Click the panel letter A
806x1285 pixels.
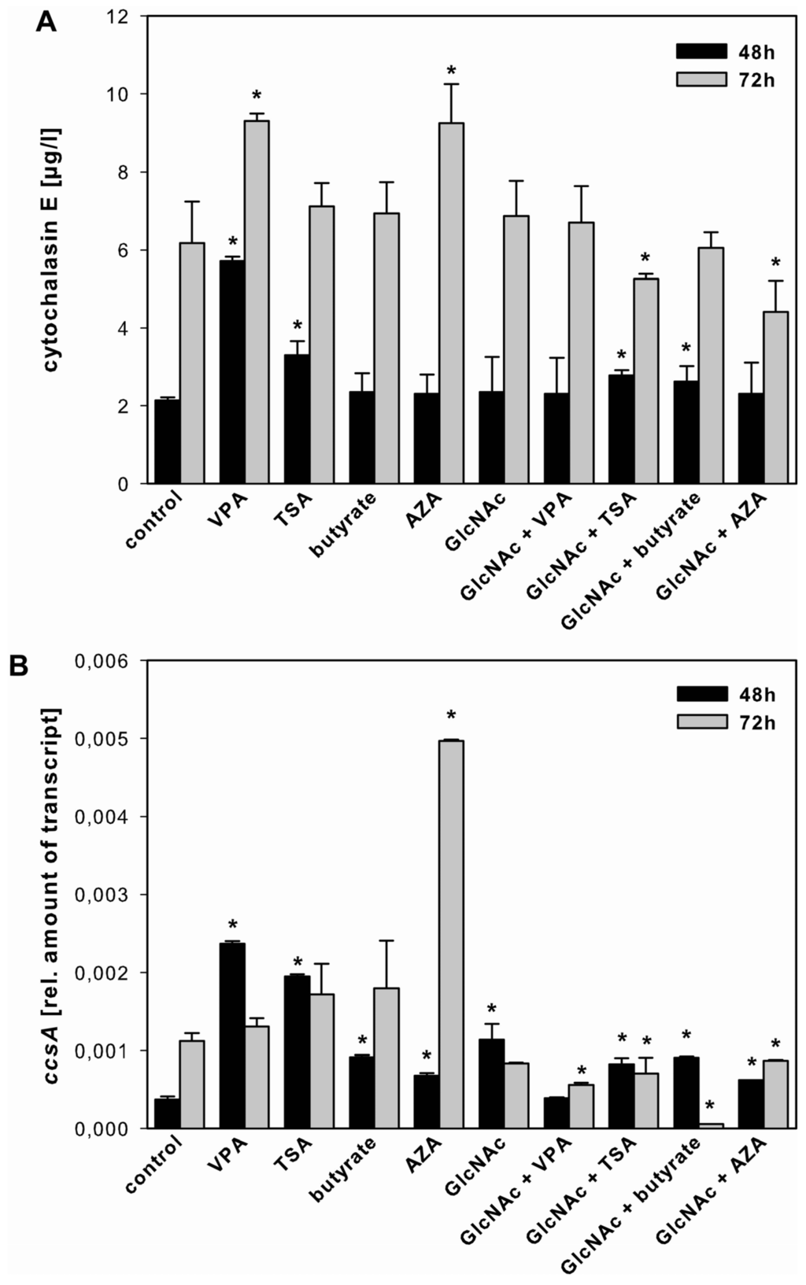[x=46, y=23]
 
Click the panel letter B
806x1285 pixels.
[x=19, y=667]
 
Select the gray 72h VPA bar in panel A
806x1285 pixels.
[x=257, y=303]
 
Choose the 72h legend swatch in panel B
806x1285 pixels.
[x=701, y=722]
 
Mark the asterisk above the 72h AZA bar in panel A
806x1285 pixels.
[x=451, y=72]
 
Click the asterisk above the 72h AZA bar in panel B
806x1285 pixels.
[x=451, y=716]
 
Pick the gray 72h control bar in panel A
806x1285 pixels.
[x=192, y=363]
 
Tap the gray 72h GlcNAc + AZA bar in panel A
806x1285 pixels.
[x=776, y=397]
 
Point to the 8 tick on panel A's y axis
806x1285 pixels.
[x=122, y=172]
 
